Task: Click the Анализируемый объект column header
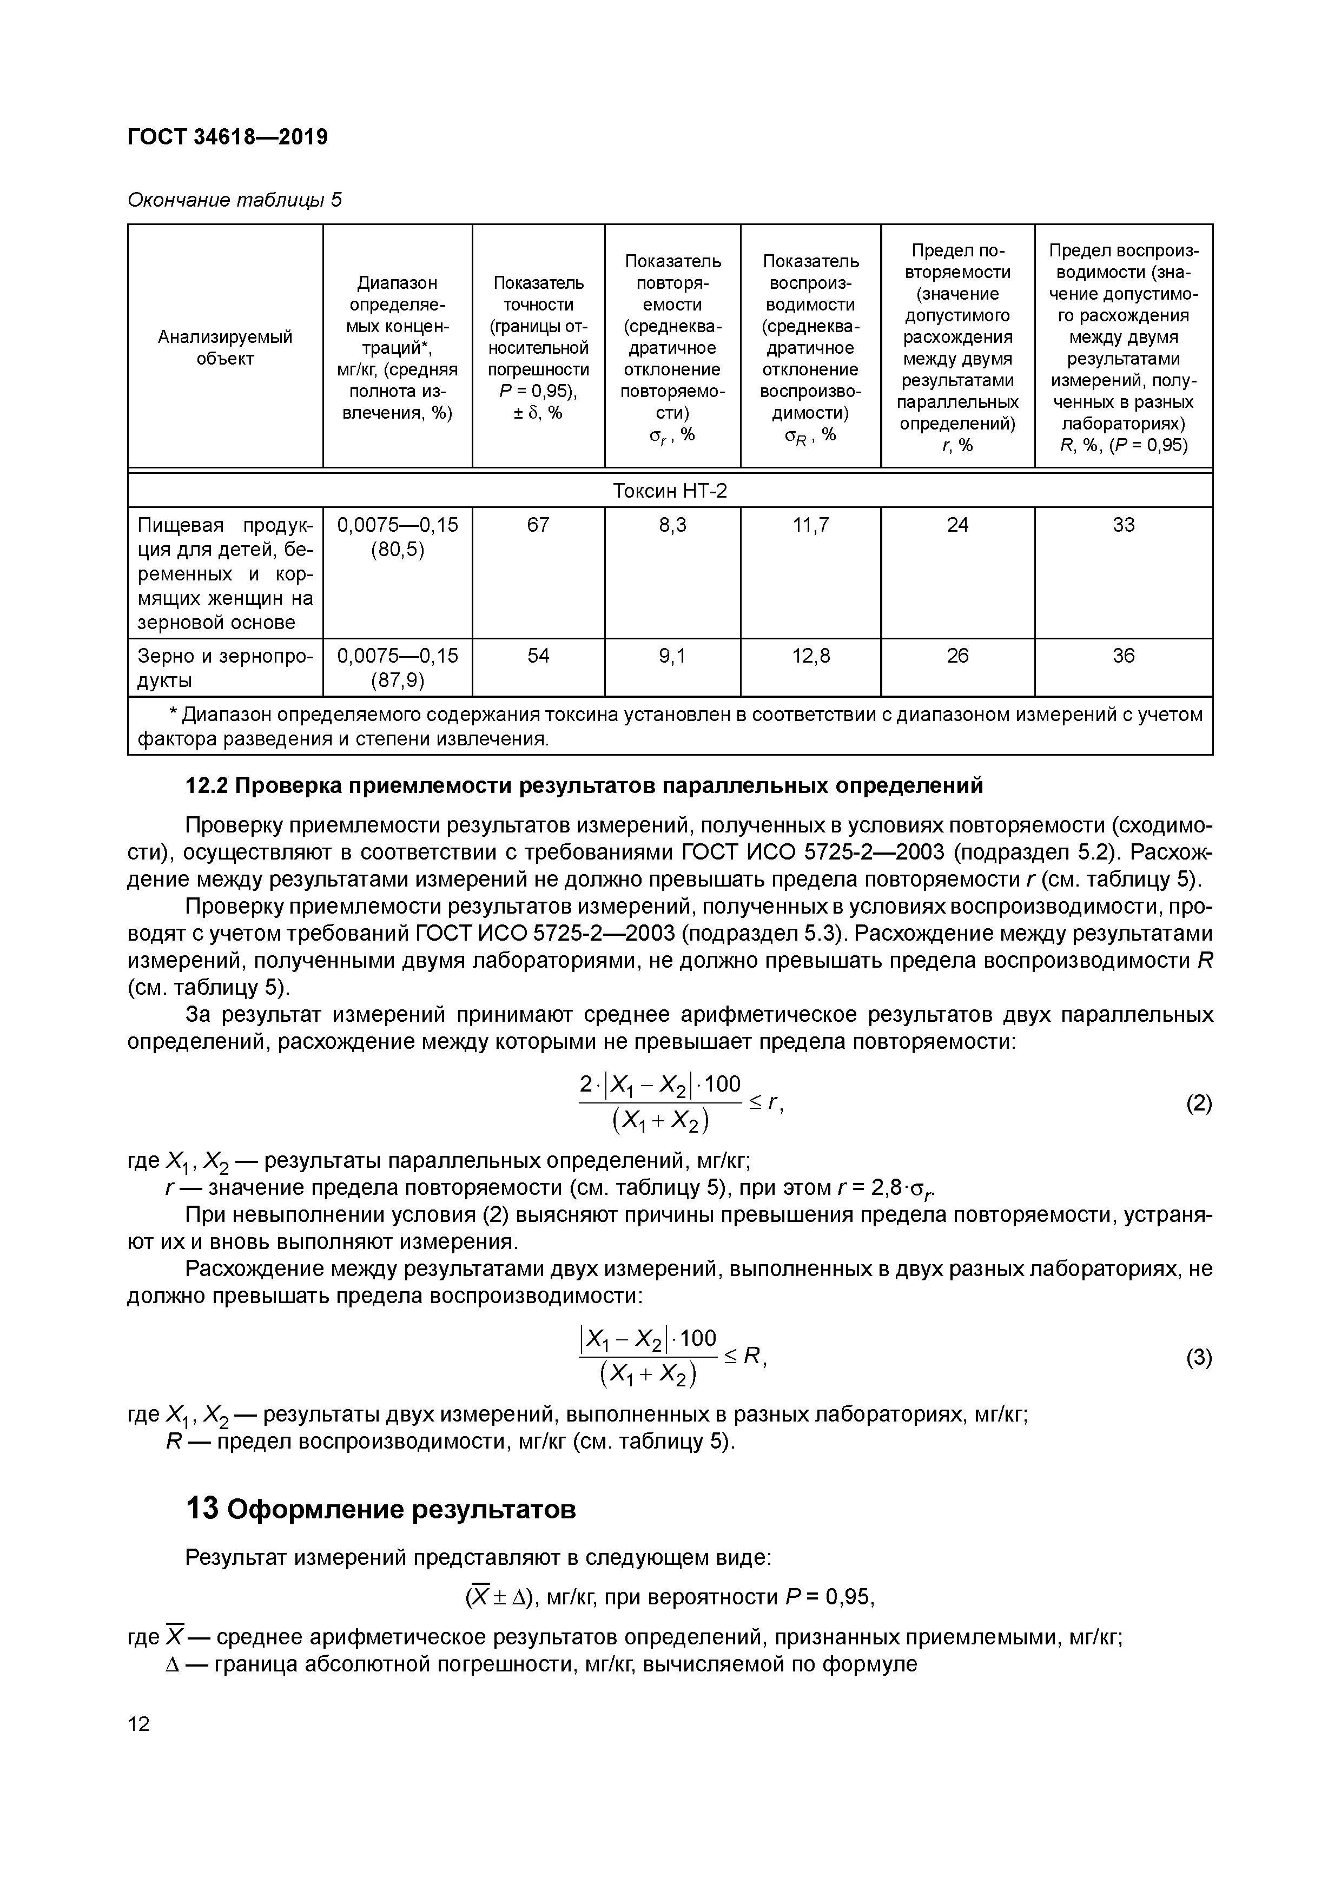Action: pos(224,347)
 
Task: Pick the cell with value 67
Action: pos(538,525)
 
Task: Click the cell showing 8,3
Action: pos(672,525)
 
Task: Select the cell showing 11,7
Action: pos(810,525)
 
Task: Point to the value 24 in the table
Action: pos(957,525)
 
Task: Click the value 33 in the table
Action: pos(1123,525)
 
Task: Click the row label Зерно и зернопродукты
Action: pos(224,667)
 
